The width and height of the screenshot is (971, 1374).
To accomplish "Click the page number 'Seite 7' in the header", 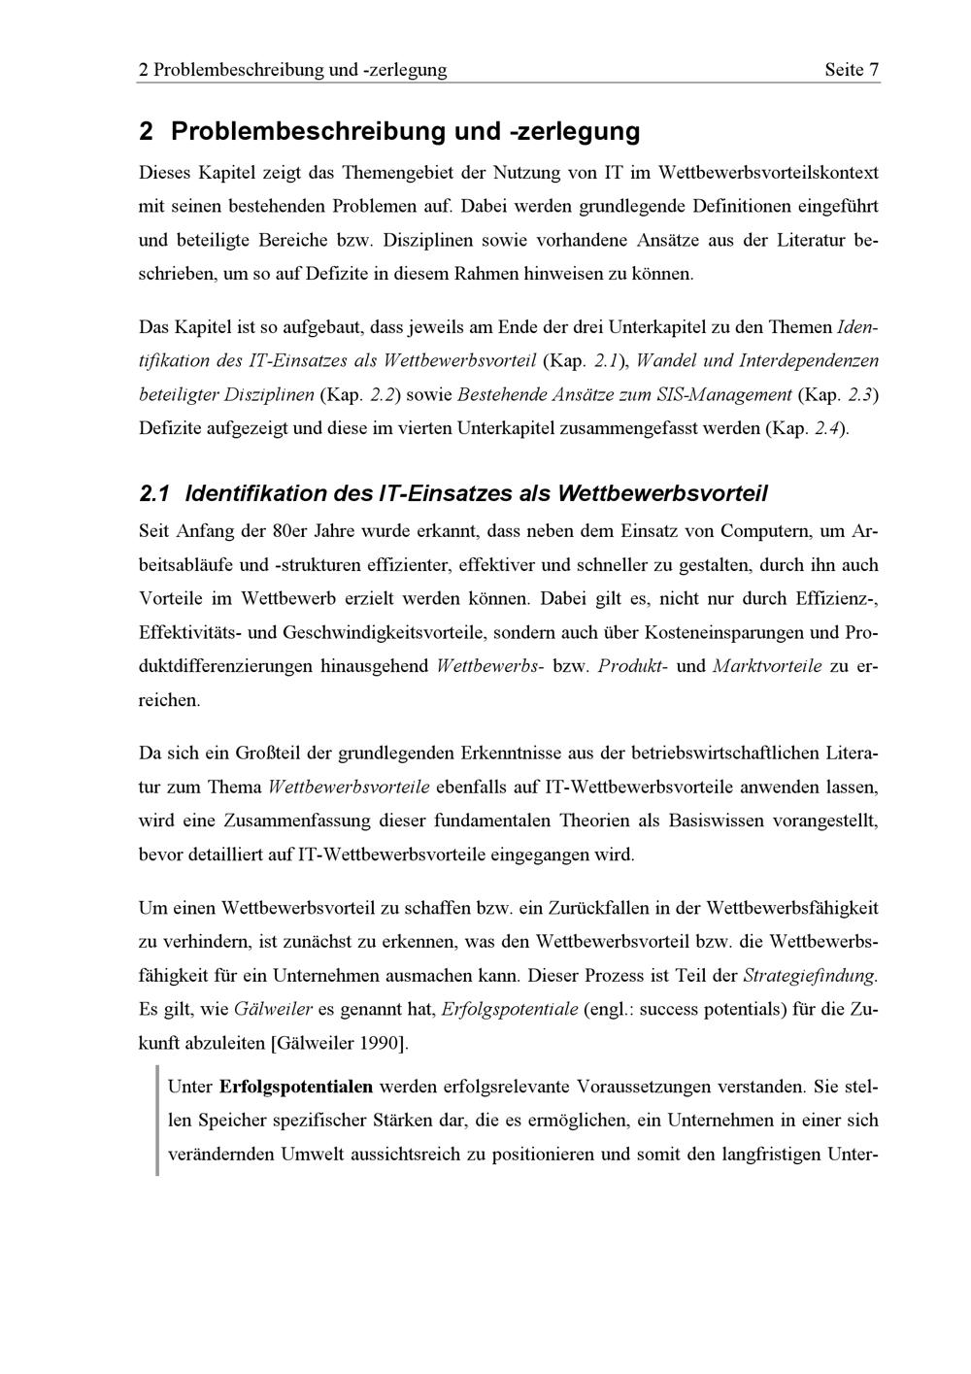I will [x=851, y=70].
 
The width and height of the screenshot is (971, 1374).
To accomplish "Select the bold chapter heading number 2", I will [x=147, y=131].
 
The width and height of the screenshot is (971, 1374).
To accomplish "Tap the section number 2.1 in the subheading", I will [x=154, y=494].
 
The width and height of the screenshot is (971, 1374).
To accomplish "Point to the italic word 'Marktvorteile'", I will [x=767, y=666].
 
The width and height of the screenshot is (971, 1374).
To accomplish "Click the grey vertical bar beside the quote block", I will [x=157, y=1120].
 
